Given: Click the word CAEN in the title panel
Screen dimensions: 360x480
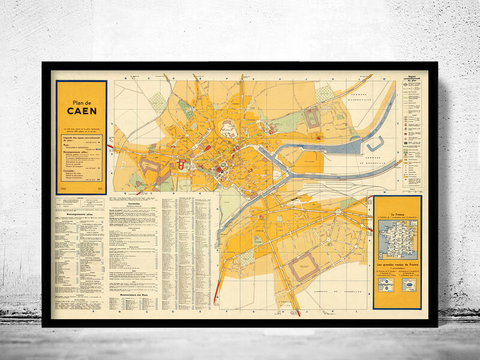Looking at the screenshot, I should [81, 110].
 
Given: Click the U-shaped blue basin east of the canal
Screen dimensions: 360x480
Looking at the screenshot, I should [375, 143].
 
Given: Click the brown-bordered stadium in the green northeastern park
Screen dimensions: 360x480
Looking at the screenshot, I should [313, 118].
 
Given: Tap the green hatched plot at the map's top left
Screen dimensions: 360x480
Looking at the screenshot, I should [158, 103].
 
